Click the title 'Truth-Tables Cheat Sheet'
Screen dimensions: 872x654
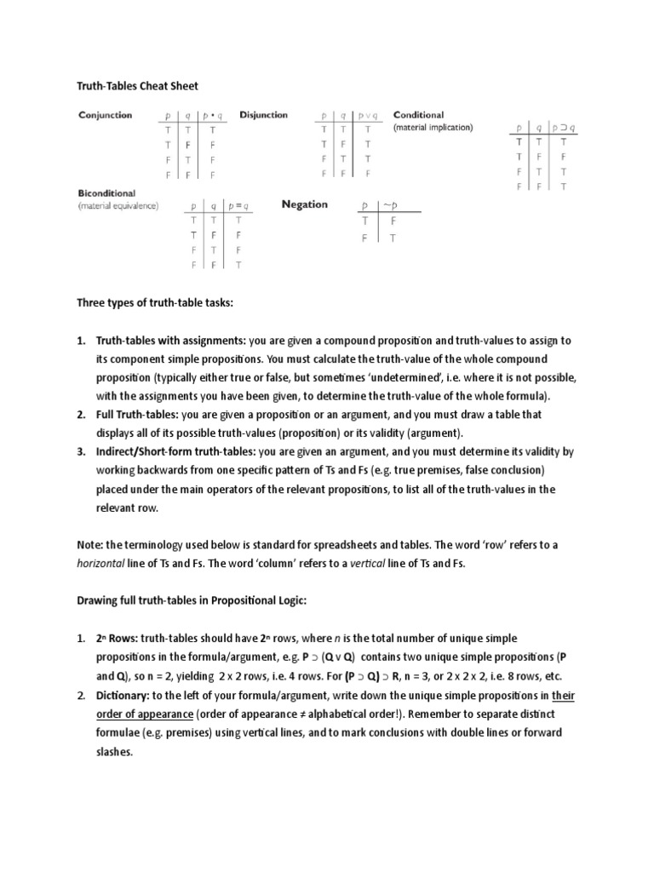pos(138,86)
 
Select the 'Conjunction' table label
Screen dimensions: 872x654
pos(106,115)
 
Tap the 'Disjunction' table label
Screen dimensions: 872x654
pos(263,115)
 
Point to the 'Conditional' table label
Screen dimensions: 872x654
pos(418,115)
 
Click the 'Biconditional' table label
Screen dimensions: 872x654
pos(106,193)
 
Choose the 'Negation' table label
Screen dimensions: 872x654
pos(305,204)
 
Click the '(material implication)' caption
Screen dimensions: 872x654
pos(433,128)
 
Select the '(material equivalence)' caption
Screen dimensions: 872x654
pos(118,206)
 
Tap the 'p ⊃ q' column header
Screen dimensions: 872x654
pos(563,129)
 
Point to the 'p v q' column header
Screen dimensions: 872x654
pos(367,116)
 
